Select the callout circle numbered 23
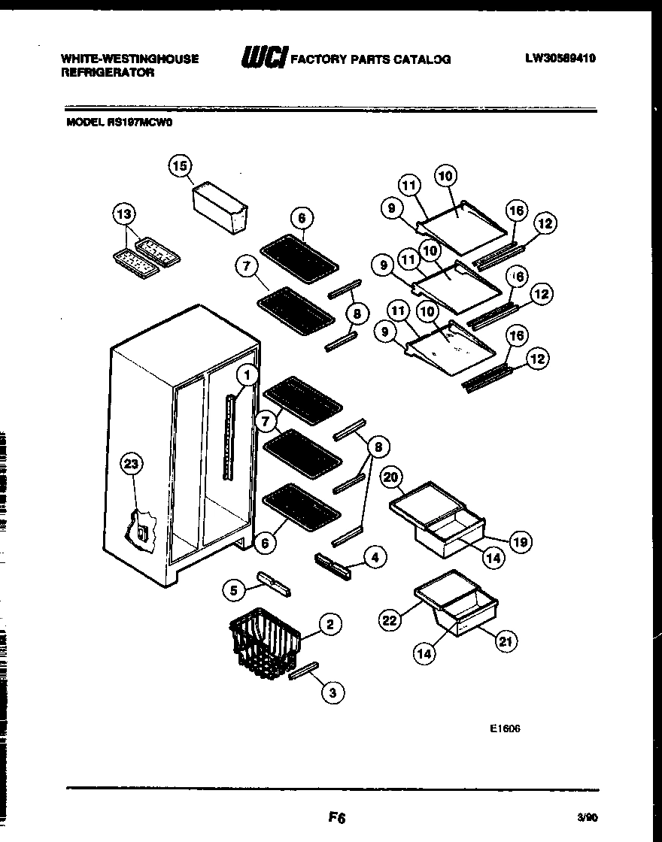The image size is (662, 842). (x=132, y=465)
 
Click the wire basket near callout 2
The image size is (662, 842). (x=268, y=640)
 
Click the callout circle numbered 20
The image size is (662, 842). (x=390, y=477)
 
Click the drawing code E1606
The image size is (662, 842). (x=505, y=728)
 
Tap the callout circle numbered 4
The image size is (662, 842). (x=375, y=557)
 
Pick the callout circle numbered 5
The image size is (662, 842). (x=234, y=591)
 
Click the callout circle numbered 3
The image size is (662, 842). (x=332, y=693)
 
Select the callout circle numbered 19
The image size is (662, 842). (x=521, y=541)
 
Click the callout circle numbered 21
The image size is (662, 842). (x=506, y=641)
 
